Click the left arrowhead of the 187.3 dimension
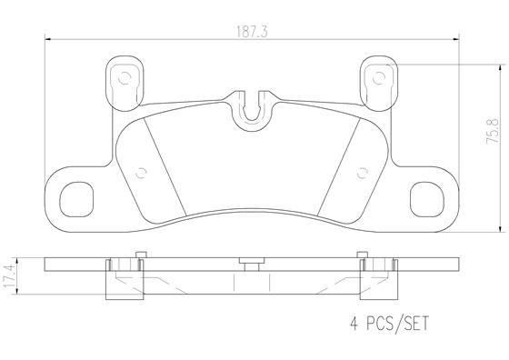click(x=48, y=38)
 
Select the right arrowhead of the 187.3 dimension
click(x=459, y=38)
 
